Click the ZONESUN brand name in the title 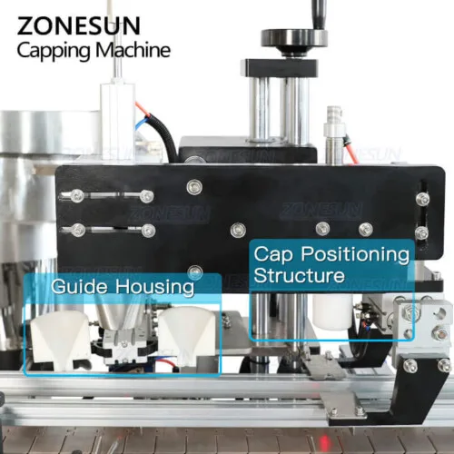tap(79, 26)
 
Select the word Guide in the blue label tap(79, 286)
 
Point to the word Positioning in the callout tap(355, 254)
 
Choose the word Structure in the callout tap(299, 275)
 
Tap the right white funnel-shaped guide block tap(188, 334)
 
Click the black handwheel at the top tap(293, 39)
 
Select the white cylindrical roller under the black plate tap(332, 311)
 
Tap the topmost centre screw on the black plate tap(194, 187)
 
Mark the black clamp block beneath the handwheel tap(279, 68)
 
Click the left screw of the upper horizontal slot tap(77, 196)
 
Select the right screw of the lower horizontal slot tap(148, 231)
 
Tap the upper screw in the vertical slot tap(422, 199)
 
